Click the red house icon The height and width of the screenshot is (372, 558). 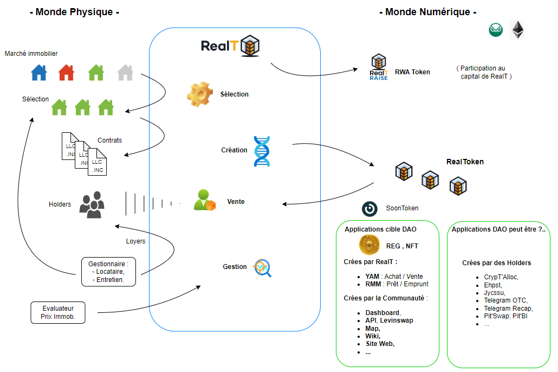click(66, 72)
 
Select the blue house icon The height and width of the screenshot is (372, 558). click(39, 72)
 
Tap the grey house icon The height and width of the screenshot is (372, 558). click(125, 72)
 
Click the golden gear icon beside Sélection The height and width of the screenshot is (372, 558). click(200, 94)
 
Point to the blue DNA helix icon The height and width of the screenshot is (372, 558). click(262, 151)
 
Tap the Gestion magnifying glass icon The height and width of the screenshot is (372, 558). click(263, 267)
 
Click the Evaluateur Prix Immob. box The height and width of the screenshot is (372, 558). click(58, 313)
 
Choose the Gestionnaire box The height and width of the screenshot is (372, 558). click(108, 272)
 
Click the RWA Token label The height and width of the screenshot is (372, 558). click(412, 72)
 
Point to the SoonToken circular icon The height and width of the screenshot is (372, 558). click(370, 208)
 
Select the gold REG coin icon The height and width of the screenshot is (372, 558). click(369, 246)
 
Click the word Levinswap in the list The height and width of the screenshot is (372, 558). click(397, 320)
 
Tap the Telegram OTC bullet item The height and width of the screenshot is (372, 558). click(505, 300)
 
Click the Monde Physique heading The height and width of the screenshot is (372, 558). click(74, 12)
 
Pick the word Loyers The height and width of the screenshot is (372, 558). click(135, 241)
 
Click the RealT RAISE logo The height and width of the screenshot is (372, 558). click(379, 67)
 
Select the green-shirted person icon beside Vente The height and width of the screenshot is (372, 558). click(204, 200)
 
